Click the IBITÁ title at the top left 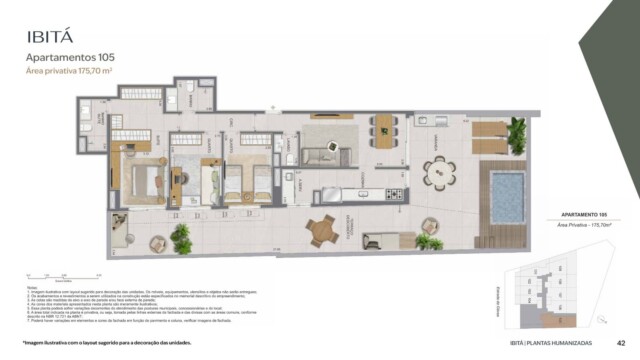point(52,38)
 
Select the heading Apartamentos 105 point(70,58)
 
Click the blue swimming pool point(507,190)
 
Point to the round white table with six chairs point(440,175)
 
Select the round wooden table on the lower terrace point(323,231)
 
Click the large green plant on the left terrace point(181,238)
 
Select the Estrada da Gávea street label point(504,297)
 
